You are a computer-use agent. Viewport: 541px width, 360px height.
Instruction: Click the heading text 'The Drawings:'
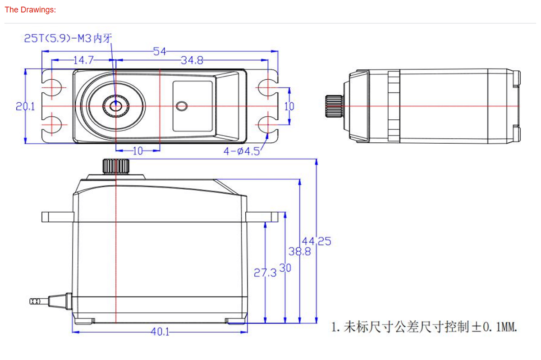pyautogui.click(x=30, y=9)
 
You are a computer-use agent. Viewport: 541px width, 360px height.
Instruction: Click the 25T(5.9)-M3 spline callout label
pyautogui.click(x=68, y=39)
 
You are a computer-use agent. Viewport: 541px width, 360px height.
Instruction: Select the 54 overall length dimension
pyautogui.click(x=160, y=51)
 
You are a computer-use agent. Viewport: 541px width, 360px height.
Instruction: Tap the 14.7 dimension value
pyautogui.click(x=83, y=60)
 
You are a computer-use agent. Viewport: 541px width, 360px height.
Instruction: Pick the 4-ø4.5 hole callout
pyautogui.click(x=242, y=151)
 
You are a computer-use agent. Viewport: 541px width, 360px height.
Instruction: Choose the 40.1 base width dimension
pyautogui.click(x=160, y=332)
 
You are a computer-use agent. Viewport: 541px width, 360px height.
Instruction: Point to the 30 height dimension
pyautogui.click(x=285, y=268)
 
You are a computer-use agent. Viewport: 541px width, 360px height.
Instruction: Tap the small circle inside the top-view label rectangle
pyautogui.click(x=182, y=106)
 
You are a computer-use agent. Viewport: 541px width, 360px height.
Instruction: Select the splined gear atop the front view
pyautogui.click(x=116, y=166)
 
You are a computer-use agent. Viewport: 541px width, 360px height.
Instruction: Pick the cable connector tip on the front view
pyautogui.click(x=34, y=301)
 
